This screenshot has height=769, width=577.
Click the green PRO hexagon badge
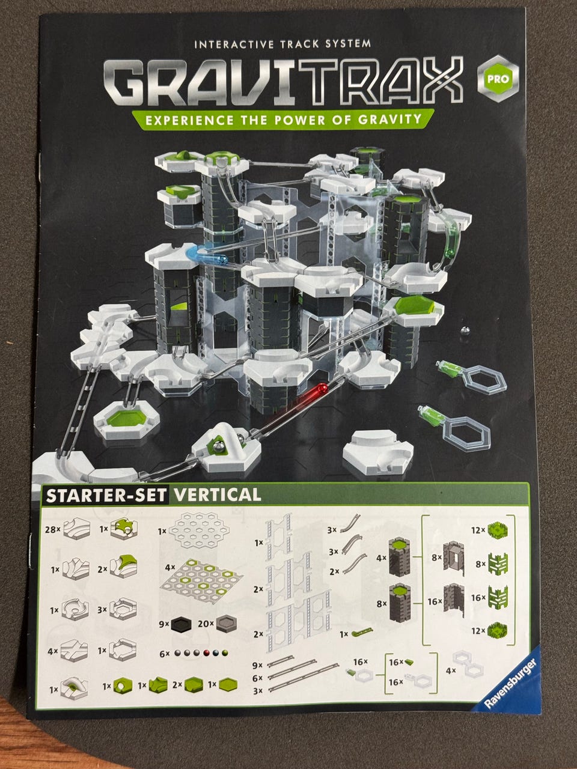coord(498,79)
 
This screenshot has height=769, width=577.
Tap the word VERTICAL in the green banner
coord(217,494)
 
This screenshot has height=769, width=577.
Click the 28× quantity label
coord(52,529)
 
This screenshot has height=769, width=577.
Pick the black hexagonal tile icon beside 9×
coord(183,624)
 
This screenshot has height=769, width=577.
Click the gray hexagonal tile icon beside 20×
coord(226,624)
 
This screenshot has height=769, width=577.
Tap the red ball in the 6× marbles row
coord(207,652)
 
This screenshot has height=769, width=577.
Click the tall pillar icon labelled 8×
coord(399,602)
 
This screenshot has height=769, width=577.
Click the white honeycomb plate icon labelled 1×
coord(200,530)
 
